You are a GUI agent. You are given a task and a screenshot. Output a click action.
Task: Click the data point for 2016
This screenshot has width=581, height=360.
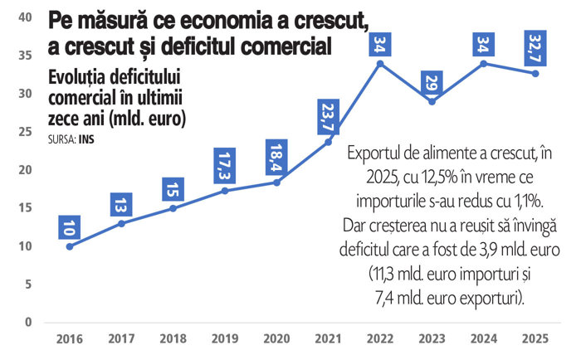[69, 246]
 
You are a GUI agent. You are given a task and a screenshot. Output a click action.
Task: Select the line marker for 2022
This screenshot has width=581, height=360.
[380, 63]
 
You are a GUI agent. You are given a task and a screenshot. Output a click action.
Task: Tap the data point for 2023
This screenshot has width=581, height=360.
[432, 101]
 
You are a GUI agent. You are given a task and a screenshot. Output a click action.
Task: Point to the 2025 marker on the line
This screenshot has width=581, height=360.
[535, 73]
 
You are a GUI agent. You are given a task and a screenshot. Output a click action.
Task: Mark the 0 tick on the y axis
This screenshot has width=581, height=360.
[28, 322]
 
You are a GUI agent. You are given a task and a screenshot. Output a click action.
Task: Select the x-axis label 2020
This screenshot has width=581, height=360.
[276, 340]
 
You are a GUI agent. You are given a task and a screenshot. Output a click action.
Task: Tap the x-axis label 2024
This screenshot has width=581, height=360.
[484, 340]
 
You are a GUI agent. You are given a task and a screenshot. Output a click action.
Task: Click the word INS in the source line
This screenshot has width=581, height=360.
[86, 139]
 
